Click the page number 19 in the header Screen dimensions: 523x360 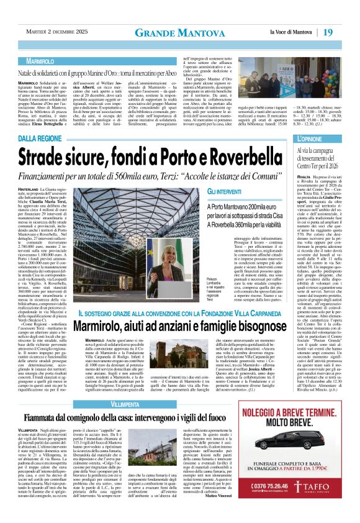pos(346,32)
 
